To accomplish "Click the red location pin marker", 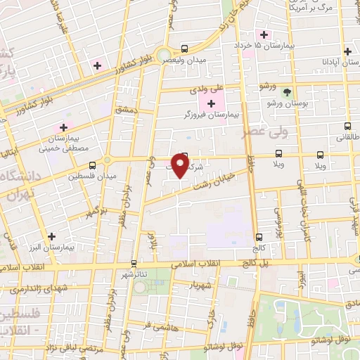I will click(x=181, y=165).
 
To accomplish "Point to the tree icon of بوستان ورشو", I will click(x=286, y=92).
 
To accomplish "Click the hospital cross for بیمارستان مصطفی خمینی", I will click(x=64, y=127).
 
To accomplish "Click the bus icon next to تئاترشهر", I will click(x=134, y=264).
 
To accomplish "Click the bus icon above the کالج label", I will click(x=259, y=237).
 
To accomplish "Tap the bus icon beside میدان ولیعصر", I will click(x=184, y=49).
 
